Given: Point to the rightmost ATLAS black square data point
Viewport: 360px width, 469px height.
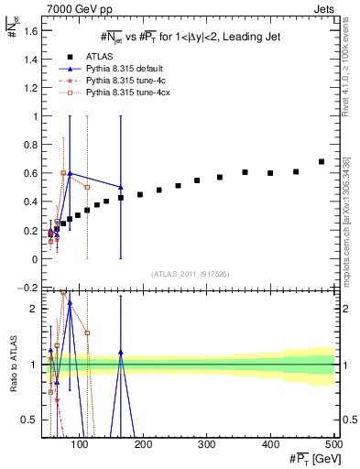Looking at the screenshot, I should click(321, 162).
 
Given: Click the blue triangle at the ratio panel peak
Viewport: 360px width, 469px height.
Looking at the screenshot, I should click(70, 327).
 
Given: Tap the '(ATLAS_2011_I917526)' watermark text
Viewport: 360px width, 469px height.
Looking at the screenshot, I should click(191, 272).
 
